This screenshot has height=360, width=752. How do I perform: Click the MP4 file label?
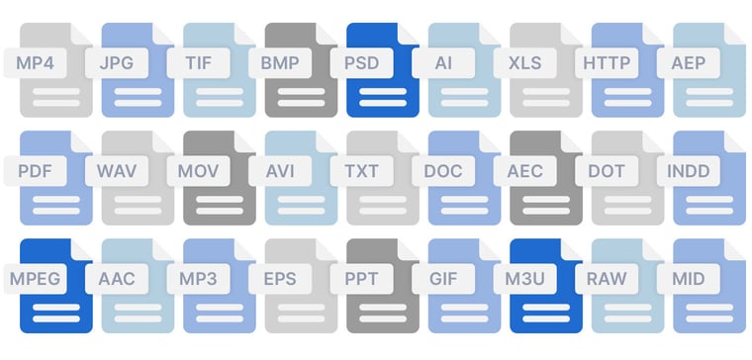[x=36, y=63]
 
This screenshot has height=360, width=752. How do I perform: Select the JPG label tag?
[x=117, y=63]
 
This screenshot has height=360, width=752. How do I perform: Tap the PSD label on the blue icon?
[x=361, y=63]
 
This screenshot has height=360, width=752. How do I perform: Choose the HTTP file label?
[x=607, y=63]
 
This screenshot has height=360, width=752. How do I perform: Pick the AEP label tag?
[x=688, y=63]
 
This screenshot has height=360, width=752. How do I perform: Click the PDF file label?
[x=36, y=170]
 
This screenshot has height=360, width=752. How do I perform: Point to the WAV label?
[x=117, y=170]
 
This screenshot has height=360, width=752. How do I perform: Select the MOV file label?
[x=198, y=170]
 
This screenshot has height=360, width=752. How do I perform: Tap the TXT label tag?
[x=361, y=170]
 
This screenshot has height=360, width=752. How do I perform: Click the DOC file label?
[x=443, y=170]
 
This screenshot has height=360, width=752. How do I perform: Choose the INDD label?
[x=688, y=170]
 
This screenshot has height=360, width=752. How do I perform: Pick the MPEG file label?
[x=36, y=278]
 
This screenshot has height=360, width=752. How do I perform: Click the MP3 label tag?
[x=198, y=278]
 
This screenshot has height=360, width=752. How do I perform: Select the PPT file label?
[x=361, y=278]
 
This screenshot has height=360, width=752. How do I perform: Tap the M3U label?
[x=524, y=278]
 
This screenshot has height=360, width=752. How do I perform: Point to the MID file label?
[x=688, y=278]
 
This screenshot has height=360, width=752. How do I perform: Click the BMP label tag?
[x=280, y=63]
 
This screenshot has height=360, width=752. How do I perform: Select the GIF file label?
[x=443, y=278]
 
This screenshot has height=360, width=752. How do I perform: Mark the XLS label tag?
[x=524, y=63]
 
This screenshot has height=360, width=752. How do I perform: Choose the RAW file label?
[x=607, y=278]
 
